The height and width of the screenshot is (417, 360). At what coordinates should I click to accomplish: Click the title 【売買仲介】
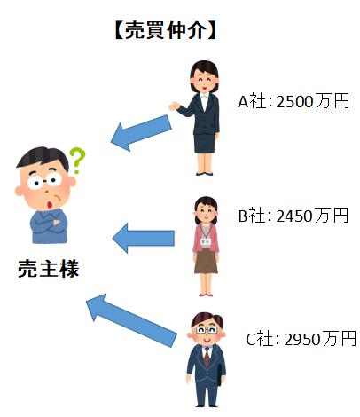tap(166, 30)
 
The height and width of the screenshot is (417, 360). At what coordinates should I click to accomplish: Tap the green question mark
tap(77, 160)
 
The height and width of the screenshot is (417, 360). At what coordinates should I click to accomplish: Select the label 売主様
tap(48, 269)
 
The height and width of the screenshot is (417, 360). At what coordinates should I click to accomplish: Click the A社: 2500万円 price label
tap(293, 101)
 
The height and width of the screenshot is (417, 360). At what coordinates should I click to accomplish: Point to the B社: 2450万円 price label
tap(293, 216)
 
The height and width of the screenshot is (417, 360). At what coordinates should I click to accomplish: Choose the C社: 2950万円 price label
tap(301, 339)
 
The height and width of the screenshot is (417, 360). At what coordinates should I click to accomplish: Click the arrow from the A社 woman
tap(141, 133)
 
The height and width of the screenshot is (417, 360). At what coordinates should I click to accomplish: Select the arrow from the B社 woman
tap(144, 238)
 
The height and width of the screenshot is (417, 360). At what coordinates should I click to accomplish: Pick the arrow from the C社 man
tap(131, 320)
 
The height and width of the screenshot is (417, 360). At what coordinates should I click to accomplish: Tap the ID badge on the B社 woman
tap(205, 241)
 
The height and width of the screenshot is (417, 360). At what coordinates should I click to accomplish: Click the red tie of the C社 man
tap(207, 357)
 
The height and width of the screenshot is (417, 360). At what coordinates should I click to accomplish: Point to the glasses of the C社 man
tap(207, 330)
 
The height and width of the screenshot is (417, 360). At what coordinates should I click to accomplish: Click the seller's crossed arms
tap(49, 224)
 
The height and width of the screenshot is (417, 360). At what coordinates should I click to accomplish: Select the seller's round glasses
tap(45, 180)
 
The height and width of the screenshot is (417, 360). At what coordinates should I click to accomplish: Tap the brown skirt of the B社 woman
tap(206, 261)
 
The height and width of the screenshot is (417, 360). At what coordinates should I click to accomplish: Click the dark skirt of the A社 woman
tap(205, 144)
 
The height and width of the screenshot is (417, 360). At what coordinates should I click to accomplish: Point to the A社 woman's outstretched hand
tap(174, 106)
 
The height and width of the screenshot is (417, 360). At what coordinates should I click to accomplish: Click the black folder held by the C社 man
tap(219, 375)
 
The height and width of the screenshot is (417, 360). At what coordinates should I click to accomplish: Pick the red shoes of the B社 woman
tap(206, 295)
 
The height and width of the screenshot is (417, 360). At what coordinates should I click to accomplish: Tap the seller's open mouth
tap(50, 204)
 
